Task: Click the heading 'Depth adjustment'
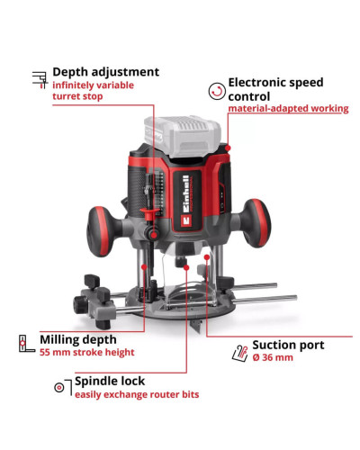(106, 72)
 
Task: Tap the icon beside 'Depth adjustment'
(40, 80)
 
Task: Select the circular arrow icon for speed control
(217, 91)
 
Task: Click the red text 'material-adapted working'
(288, 108)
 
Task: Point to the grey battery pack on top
(183, 136)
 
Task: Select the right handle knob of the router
(256, 223)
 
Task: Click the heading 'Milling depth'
(78, 339)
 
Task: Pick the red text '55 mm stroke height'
(87, 352)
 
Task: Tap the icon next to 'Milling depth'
(26, 344)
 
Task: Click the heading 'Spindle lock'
(110, 382)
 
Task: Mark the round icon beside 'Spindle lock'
(59, 388)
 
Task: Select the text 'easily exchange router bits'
(137, 394)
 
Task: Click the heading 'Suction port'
(288, 345)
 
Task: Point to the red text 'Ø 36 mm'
(273, 357)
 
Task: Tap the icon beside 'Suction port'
(240, 353)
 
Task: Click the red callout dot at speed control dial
(228, 148)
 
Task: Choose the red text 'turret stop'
(77, 96)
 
